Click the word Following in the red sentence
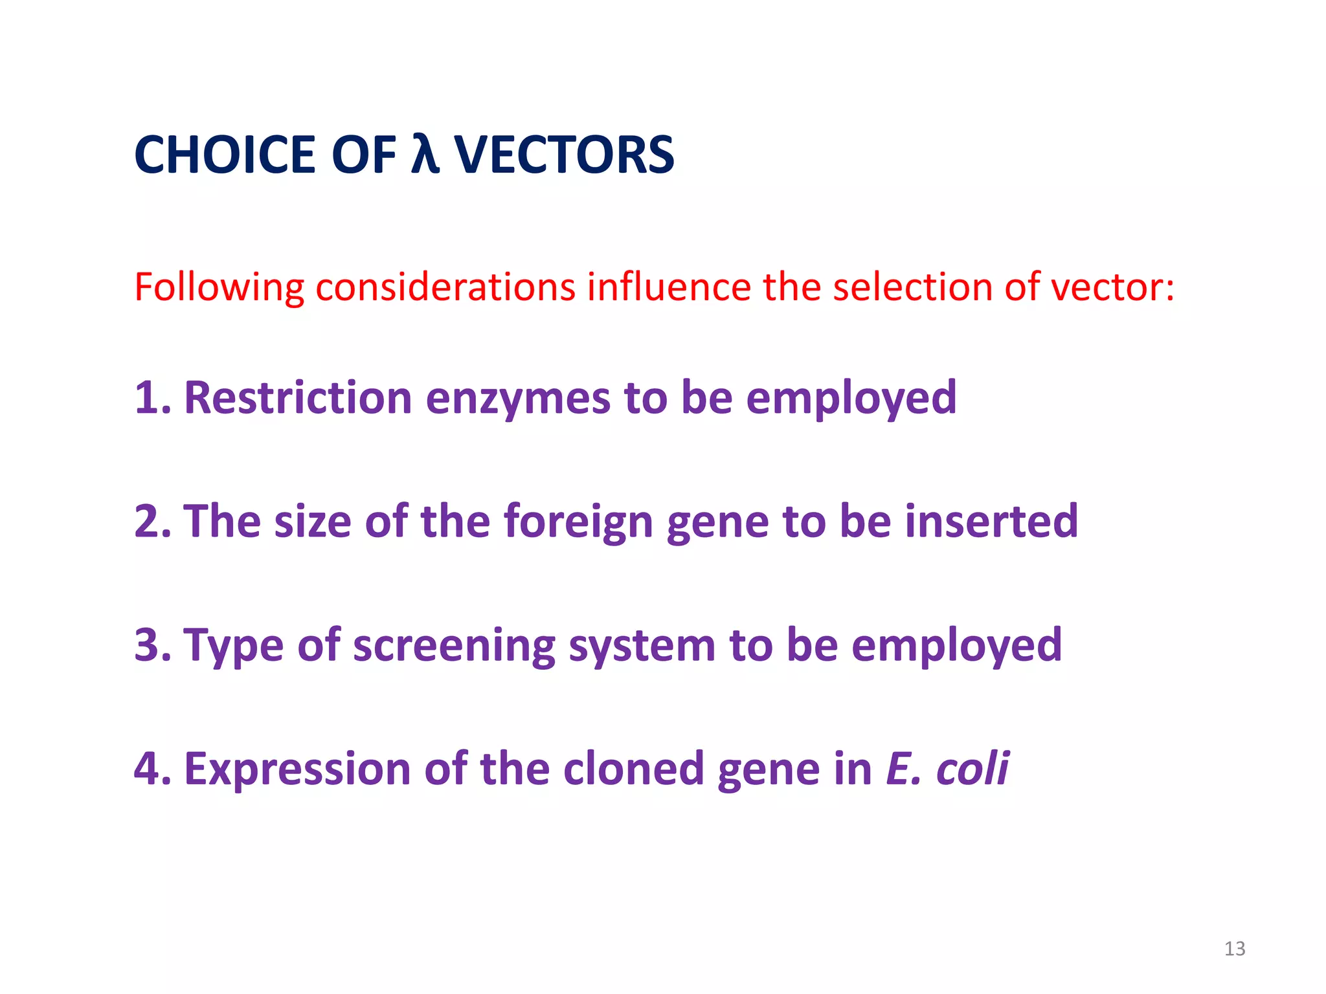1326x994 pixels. pyautogui.click(x=219, y=287)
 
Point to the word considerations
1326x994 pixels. pyautogui.click(x=445, y=287)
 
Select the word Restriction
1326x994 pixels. pyautogui.click(x=298, y=398)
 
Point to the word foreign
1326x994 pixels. pyautogui.click(x=578, y=522)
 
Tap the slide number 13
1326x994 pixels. pyautogui.click(x=1235, y=949)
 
